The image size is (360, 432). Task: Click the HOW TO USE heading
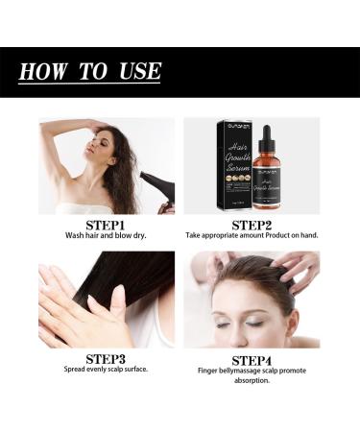coord(90,71)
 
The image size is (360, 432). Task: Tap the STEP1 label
coord(106,225)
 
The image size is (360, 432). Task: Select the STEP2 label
coord(252,225)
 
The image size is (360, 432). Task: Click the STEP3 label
coord(106,358)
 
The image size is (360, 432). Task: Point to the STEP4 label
coord(252,359)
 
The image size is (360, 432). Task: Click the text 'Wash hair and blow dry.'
coord(106,235)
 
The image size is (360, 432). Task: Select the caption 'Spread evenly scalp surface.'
coord(106,369)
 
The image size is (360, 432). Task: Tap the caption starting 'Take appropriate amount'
coord(252,235)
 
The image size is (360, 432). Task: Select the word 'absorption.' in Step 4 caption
coord(252,379)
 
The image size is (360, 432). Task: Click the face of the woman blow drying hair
coord(103,146)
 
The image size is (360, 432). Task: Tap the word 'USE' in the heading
coord(136,71)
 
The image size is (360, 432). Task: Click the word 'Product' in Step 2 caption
coord(276,235)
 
